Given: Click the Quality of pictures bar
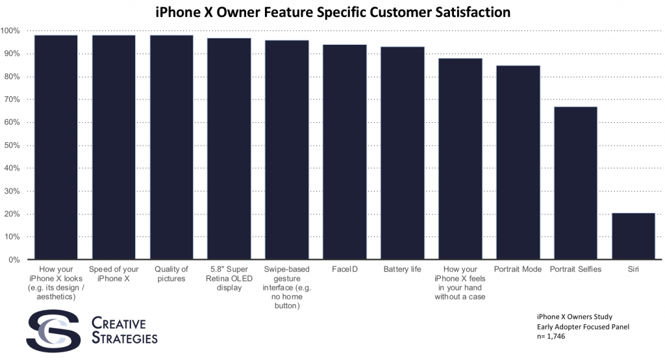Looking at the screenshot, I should pos(171,147).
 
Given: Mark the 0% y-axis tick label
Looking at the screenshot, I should pos(12,260).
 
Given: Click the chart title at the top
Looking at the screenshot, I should pos(332,12).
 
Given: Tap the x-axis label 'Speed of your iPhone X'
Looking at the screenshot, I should pos(114,274).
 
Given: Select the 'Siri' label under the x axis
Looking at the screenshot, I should pos(633,269).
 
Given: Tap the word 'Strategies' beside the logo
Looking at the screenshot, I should pos(124,339).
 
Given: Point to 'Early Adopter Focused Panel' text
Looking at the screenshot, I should pos(570,328).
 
